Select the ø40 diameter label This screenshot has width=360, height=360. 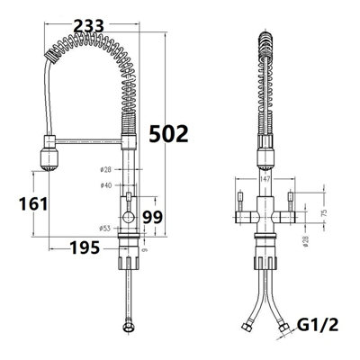pos(107,185)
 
